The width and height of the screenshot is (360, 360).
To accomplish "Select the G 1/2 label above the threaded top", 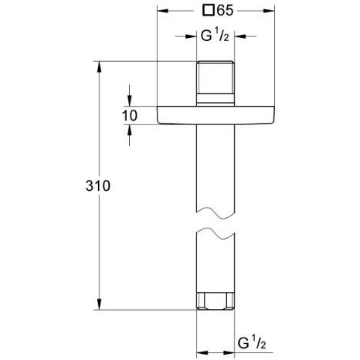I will coord(216,36).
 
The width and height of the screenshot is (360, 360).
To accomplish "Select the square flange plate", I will coord(216,115).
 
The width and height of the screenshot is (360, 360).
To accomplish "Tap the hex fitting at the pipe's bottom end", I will coord(216,301).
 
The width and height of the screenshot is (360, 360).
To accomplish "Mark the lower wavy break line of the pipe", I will coord(216,231).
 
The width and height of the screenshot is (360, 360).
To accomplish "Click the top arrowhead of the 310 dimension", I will coord(99,68).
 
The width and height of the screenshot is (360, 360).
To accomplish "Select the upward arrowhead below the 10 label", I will coord(128,130).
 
